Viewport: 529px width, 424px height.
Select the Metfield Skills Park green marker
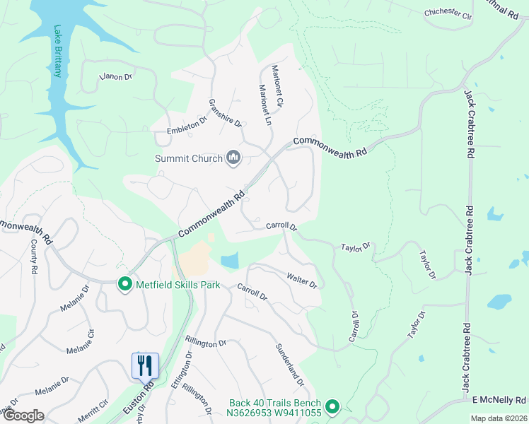125,285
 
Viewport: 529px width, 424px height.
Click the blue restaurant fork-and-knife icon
145,365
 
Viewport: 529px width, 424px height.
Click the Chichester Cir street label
448,13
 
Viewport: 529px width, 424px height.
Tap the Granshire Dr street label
226,113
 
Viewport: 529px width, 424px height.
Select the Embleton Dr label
186,126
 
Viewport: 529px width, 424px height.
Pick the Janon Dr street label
116,76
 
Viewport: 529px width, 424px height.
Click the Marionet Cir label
277,86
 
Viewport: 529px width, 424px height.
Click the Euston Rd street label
148,399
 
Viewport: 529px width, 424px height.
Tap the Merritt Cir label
93,409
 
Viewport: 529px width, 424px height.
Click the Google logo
23,416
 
